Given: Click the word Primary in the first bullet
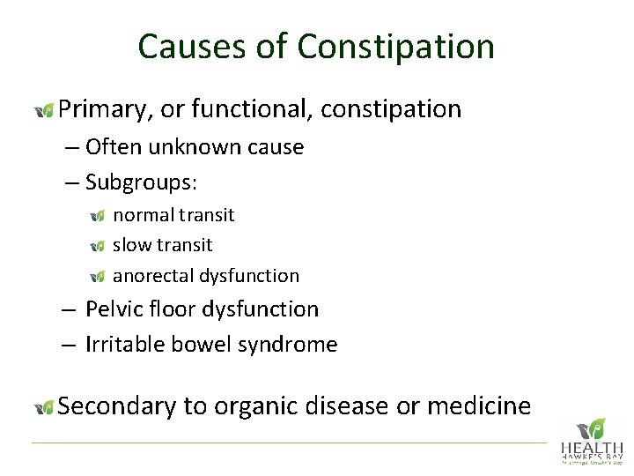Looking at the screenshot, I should pyautogui.click(x=105, y=109).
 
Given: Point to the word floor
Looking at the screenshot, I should pyautogui.click(x=172, y=309).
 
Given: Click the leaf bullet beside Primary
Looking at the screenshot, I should pyautogui.click(x=44, y=110).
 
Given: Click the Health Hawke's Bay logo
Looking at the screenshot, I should pyautogui.click(x=592, y=440).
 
